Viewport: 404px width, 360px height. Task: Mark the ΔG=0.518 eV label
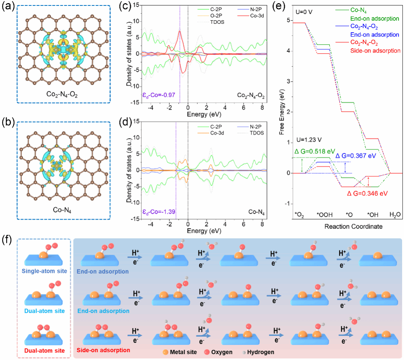click(x=309, y=151)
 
